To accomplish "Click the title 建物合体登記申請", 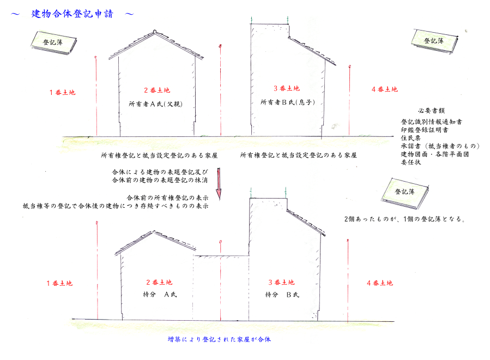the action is (72, 14).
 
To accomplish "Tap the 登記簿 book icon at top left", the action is (54, 43).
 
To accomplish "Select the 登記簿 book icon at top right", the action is (435, 41).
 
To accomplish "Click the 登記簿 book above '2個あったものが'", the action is (404, 193).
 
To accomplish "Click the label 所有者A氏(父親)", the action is (156, 104).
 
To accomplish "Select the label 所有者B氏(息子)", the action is (287, 103).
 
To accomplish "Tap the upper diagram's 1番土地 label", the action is (62, 92).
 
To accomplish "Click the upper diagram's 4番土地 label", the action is (384, 89).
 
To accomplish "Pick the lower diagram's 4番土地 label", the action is (380, 283).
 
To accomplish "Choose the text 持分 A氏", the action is (160, 295).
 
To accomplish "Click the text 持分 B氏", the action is (282, 295).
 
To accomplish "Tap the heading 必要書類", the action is (431, 110).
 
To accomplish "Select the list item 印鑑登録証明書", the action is (425, 130).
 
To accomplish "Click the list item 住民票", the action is (410, 138).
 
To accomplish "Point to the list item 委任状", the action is (410, 163).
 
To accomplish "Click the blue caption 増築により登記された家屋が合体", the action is (219, 339).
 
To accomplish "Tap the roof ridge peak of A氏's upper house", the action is (154, 31).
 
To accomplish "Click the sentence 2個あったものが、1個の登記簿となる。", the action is (404, 219).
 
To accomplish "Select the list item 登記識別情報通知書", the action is (432, 122).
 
